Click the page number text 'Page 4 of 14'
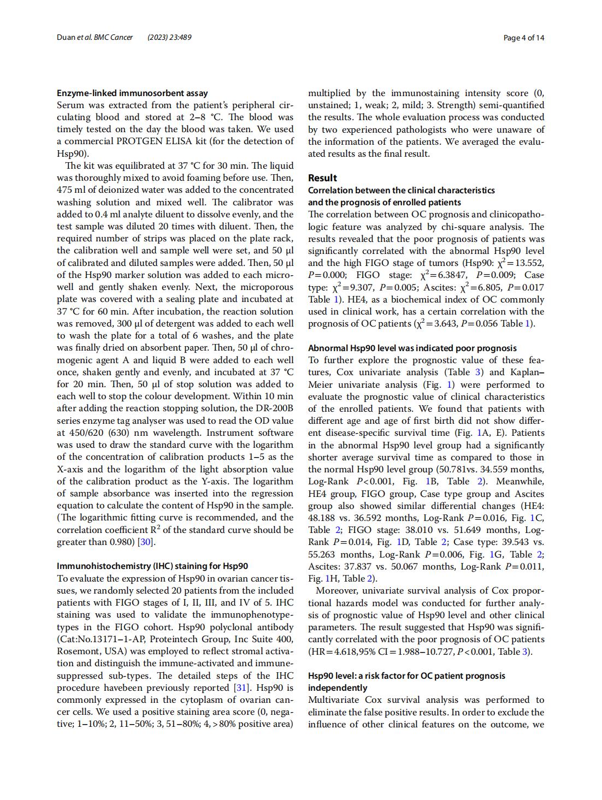click(523, 38)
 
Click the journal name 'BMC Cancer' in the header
click(113, 38)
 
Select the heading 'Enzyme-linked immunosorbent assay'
click(132, 93)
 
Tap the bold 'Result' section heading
click(322, 178)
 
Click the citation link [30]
click(146, 542)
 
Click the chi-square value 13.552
click(527, 263)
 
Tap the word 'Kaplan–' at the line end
click(527, 372)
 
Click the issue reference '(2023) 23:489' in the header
click(169, 38)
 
